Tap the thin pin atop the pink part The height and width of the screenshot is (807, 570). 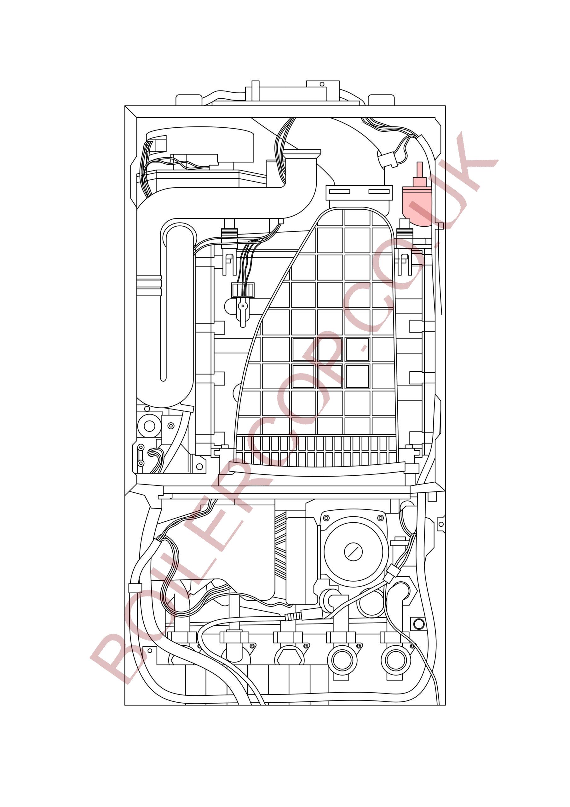point(419,170)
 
